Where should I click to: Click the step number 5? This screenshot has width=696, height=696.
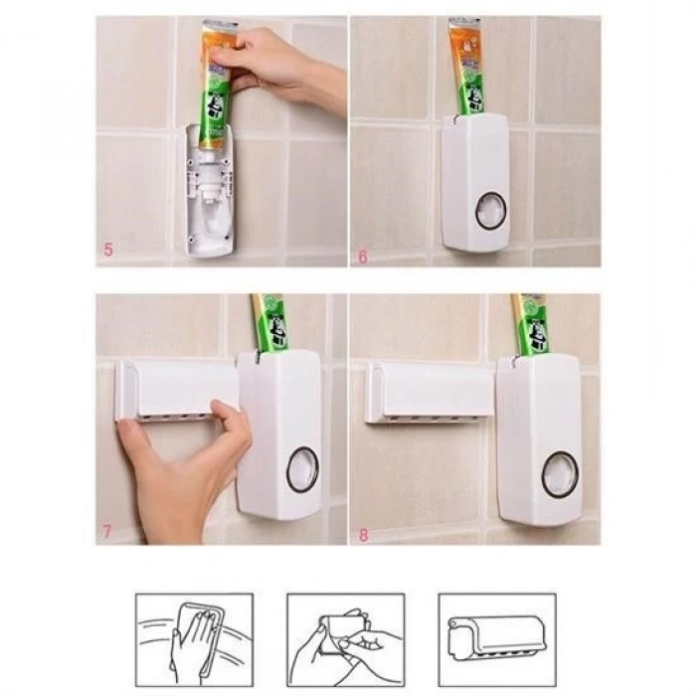108,249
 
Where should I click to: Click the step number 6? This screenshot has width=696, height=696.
363,257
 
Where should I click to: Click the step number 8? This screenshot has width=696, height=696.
363,534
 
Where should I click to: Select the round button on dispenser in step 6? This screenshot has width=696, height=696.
489,211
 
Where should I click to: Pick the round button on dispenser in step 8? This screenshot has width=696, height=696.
560,474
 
